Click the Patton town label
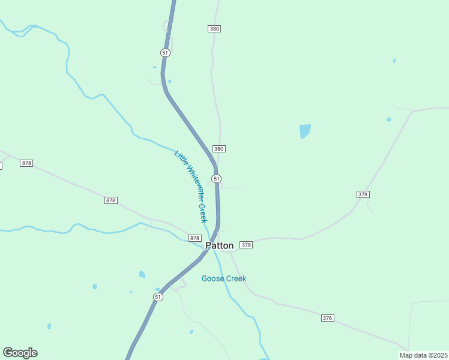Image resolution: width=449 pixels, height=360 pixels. click(x=220, y=245)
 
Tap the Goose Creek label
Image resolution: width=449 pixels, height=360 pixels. click(x=224, y=278)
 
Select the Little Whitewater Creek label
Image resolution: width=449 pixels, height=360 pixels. click(x=191, y=187)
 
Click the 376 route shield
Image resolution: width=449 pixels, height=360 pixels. click(x=327, y=317)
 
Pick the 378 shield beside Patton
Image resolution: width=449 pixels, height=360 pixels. click(x=246, y=245)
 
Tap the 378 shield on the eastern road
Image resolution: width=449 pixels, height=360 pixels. click(x=363, y=194)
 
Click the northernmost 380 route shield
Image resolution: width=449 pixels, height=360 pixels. click(x=214, y=29)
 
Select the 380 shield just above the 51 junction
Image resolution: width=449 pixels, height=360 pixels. click(x=218, y=149)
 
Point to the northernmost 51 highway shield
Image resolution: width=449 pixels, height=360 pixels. click(x=166, y=53)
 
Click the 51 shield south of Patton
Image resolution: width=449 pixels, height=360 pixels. click(x=158, y=297)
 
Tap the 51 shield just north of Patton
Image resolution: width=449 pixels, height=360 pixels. click(x=217, y=179)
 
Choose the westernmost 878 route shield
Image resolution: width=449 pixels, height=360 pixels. click(x=26, y=163)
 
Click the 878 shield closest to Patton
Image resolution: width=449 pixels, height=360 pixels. click(x=194, y=238)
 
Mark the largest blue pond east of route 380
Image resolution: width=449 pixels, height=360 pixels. click(x=305, y=130)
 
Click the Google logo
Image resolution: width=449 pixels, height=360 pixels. click(x=20, y=353)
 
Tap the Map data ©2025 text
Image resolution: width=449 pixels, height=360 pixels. click(x=423, y=355)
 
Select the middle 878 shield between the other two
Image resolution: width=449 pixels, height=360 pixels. click(x=110, y=200)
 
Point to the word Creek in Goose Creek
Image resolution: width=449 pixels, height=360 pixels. click(x=235, y=278)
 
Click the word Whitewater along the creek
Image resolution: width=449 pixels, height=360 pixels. click(x=191, y=185)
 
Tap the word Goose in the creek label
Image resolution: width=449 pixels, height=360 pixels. click(x=212, y=278)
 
